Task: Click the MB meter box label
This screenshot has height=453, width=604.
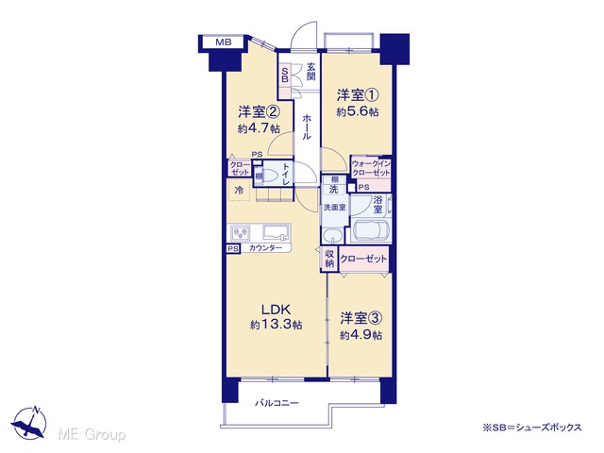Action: click(x=224, y=42)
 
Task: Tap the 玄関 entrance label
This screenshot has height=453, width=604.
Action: click(x=310, y=72)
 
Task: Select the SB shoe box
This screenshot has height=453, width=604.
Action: click(x=285, y=75)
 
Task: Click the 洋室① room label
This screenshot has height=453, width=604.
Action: click(x=358, y=94)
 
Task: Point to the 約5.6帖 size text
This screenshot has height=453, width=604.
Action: click(x=357, y=111)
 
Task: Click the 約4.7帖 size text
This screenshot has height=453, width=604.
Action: click(x=259, y=128)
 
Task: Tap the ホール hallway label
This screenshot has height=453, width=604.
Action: click(x=307, y=126)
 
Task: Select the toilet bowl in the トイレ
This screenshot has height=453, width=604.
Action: click(x=271, y=176)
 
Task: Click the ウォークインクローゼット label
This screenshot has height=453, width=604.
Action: click(x=371, y=168)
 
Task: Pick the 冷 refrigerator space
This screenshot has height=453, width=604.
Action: click(x=239, y=190)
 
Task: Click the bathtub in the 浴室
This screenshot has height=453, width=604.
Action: click(x=369, y=230)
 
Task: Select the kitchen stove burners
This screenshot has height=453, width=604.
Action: click(x=241, y=233)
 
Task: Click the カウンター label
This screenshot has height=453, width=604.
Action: click(x=265, y=248)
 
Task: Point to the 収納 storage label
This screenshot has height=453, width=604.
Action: click(x=329, y=259)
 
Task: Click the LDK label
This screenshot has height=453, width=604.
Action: click(x=276, y=310)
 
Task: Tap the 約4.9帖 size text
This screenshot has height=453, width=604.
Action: click(x=361, y=335)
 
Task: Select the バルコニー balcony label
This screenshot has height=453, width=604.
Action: click(x=277, y=403)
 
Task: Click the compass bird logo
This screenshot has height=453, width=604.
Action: click(x=29, y=423)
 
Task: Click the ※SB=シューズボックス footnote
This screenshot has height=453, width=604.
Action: click(x=532, y=428)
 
